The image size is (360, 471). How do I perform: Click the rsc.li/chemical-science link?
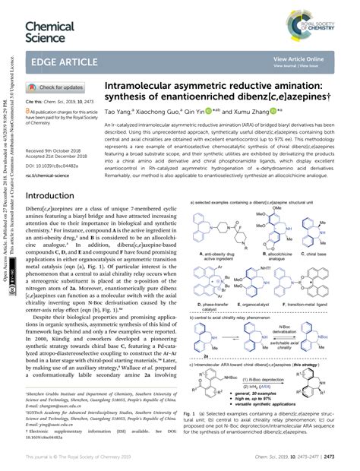pyautogui.click(x=52, y=175)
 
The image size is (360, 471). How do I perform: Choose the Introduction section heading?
pyautogui.click(x=55, y=195)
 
